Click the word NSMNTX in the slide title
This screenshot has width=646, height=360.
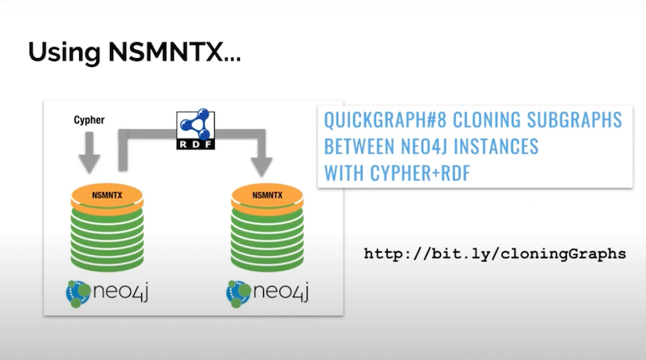click(x=166, y=52)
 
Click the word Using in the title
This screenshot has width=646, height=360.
click(x=65, y=53)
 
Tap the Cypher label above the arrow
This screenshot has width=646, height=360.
click(x=89, y=119)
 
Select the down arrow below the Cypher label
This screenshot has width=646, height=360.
click(x=90, y=153)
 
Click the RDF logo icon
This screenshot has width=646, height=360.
click(x=195, y=129)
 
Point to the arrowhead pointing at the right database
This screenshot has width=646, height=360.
click(x=261, y=167)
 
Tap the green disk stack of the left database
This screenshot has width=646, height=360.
click(x=107, y=239)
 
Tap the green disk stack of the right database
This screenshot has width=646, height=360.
click(x=267, y=239)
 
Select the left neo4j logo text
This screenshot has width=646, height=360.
click(x=120, y=291)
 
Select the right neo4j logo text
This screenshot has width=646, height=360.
click(x=281, y=291)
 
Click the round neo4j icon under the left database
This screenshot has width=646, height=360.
click(x=78, y=294)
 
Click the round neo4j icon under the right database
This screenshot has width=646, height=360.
click(x=238, y=294)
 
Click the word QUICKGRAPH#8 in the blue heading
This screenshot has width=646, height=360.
click(x=385, y=119)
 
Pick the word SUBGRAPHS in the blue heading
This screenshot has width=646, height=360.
click(x=574, y=119)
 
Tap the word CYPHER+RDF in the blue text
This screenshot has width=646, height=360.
click(x=420, y=173)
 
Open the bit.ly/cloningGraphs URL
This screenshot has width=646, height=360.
click(x=495, y=253)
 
